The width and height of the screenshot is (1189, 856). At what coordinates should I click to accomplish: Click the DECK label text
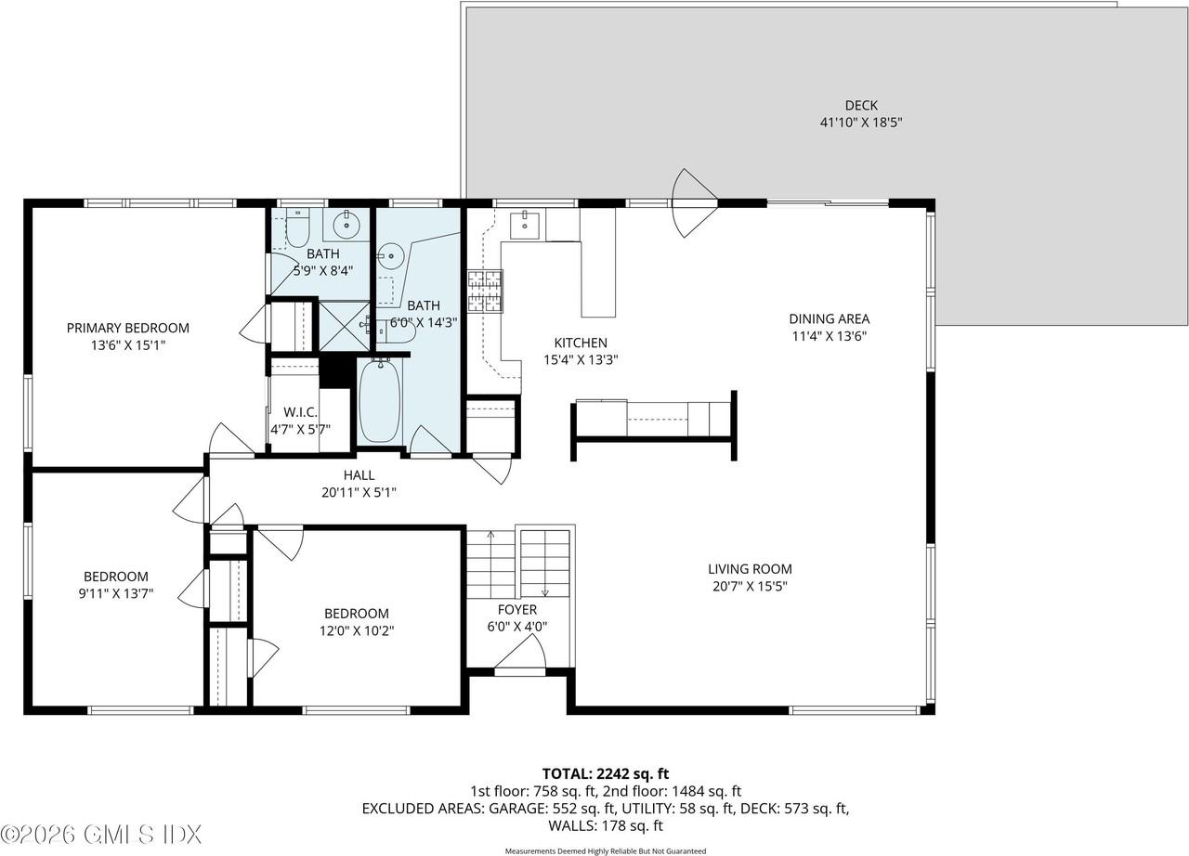860,106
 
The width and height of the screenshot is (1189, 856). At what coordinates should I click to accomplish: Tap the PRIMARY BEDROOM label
128,328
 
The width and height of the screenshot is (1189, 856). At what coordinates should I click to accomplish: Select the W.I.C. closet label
300,411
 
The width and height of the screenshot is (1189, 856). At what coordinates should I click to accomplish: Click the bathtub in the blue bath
379,400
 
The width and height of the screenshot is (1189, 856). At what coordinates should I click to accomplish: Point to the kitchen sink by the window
526,224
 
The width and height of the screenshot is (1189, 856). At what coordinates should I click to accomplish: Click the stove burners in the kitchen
484,291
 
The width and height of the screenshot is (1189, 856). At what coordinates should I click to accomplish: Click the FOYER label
516,610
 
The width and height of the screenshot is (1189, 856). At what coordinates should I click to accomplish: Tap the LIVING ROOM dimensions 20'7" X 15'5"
750,586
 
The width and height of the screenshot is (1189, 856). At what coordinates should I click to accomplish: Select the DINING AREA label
829,319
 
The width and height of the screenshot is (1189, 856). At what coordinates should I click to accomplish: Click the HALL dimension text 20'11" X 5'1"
359,493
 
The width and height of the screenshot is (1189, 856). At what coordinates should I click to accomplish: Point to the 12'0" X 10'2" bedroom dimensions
356,630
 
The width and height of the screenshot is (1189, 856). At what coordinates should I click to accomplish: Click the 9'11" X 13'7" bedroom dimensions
115,593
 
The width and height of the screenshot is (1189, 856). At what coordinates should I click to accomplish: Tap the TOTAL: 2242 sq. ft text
605,773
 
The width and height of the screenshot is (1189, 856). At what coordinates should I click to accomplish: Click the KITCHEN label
581,343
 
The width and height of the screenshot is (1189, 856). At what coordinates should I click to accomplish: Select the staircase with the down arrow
544,563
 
